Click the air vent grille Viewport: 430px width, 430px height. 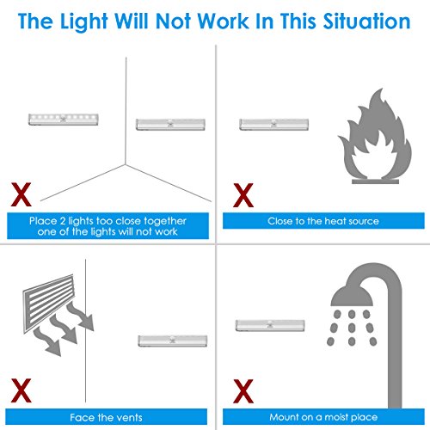point(48,304)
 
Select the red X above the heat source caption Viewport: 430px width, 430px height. point(243,195)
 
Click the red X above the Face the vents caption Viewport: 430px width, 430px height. point(21,390)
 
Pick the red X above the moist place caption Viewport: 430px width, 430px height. point(243,391)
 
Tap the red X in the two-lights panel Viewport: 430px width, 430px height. point(21,194)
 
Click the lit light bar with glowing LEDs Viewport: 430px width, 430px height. point(64,120)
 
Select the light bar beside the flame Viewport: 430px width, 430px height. point(274,125)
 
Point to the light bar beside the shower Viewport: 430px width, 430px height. point(270,325)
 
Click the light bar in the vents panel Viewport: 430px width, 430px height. point(173,341)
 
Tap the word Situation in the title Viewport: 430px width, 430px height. point(367,21)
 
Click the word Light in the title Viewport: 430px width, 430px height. point(83,22)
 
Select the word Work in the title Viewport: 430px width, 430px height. point(224,21)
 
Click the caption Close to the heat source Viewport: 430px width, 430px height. point(323,221)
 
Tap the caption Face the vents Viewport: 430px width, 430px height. point(106,417)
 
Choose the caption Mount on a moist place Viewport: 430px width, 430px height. point(323,417)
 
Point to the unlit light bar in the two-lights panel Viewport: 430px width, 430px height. point(170,125)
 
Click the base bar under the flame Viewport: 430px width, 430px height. point(375,181)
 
